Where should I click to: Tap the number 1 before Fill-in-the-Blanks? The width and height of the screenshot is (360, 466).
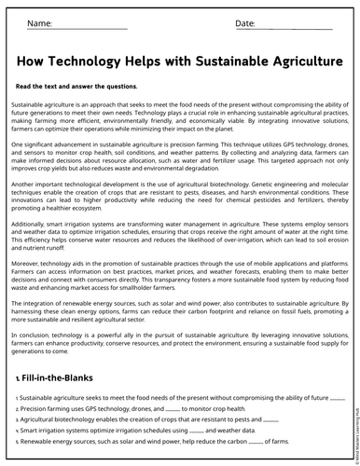point(19,380)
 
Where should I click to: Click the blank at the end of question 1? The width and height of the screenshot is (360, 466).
point(337,398)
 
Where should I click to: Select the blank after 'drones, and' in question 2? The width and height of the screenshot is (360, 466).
point(172,409)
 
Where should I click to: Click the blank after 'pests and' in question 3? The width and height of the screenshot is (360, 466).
point(271,420)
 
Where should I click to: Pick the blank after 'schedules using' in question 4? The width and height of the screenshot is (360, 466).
point(196,432)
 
